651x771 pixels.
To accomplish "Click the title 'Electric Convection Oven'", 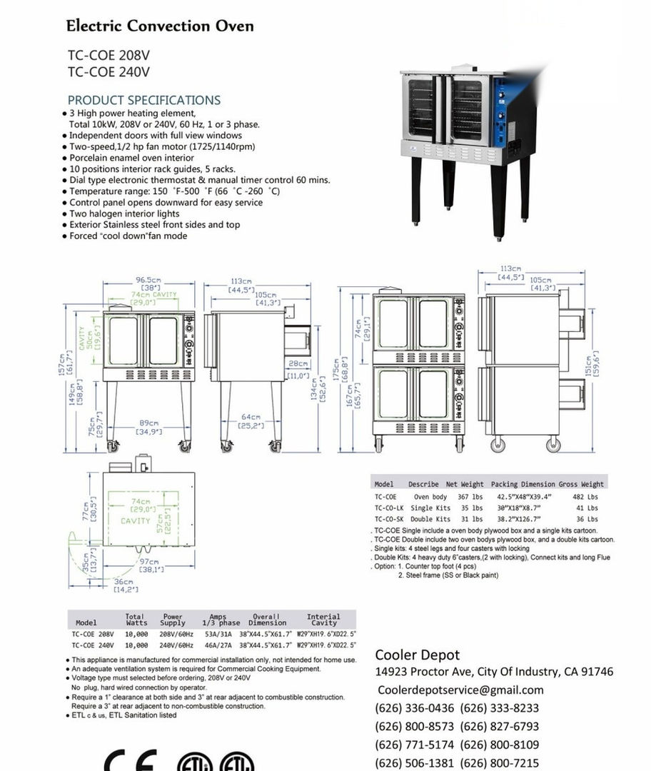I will tap(160, 26).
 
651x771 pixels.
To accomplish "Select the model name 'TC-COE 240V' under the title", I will tap(108, 71).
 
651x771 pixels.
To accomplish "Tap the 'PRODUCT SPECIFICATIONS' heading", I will tap(143, 100).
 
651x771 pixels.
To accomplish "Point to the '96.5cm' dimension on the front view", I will tap(148, 280).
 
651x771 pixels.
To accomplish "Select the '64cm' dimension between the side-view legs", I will tap(251, 417).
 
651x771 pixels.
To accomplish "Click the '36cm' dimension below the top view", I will tap(126, 582).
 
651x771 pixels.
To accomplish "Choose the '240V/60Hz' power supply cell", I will tap(176, 645).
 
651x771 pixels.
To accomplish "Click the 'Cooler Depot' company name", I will tap(418, 655).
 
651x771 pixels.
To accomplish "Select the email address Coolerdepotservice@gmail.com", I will tap(460, 690).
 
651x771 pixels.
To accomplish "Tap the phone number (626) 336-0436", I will tap(414, 708).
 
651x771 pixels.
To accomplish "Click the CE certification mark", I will tap(131, 761).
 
